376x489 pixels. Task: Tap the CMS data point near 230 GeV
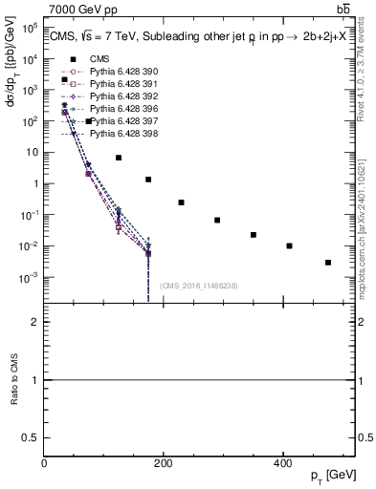point(181,202)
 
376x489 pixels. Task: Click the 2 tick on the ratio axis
point(33,322)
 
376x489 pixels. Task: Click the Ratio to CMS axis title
point(13,380)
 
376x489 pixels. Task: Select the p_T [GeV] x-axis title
point(334,477)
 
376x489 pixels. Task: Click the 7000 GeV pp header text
point(77,9)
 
